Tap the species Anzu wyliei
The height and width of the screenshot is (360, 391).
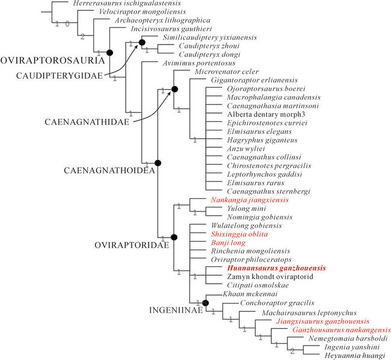click(x=229, y=148)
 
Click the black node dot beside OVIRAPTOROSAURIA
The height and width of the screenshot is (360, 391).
click(x=109, y=53)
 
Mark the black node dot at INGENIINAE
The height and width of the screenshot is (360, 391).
click(x=206, y=303)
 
